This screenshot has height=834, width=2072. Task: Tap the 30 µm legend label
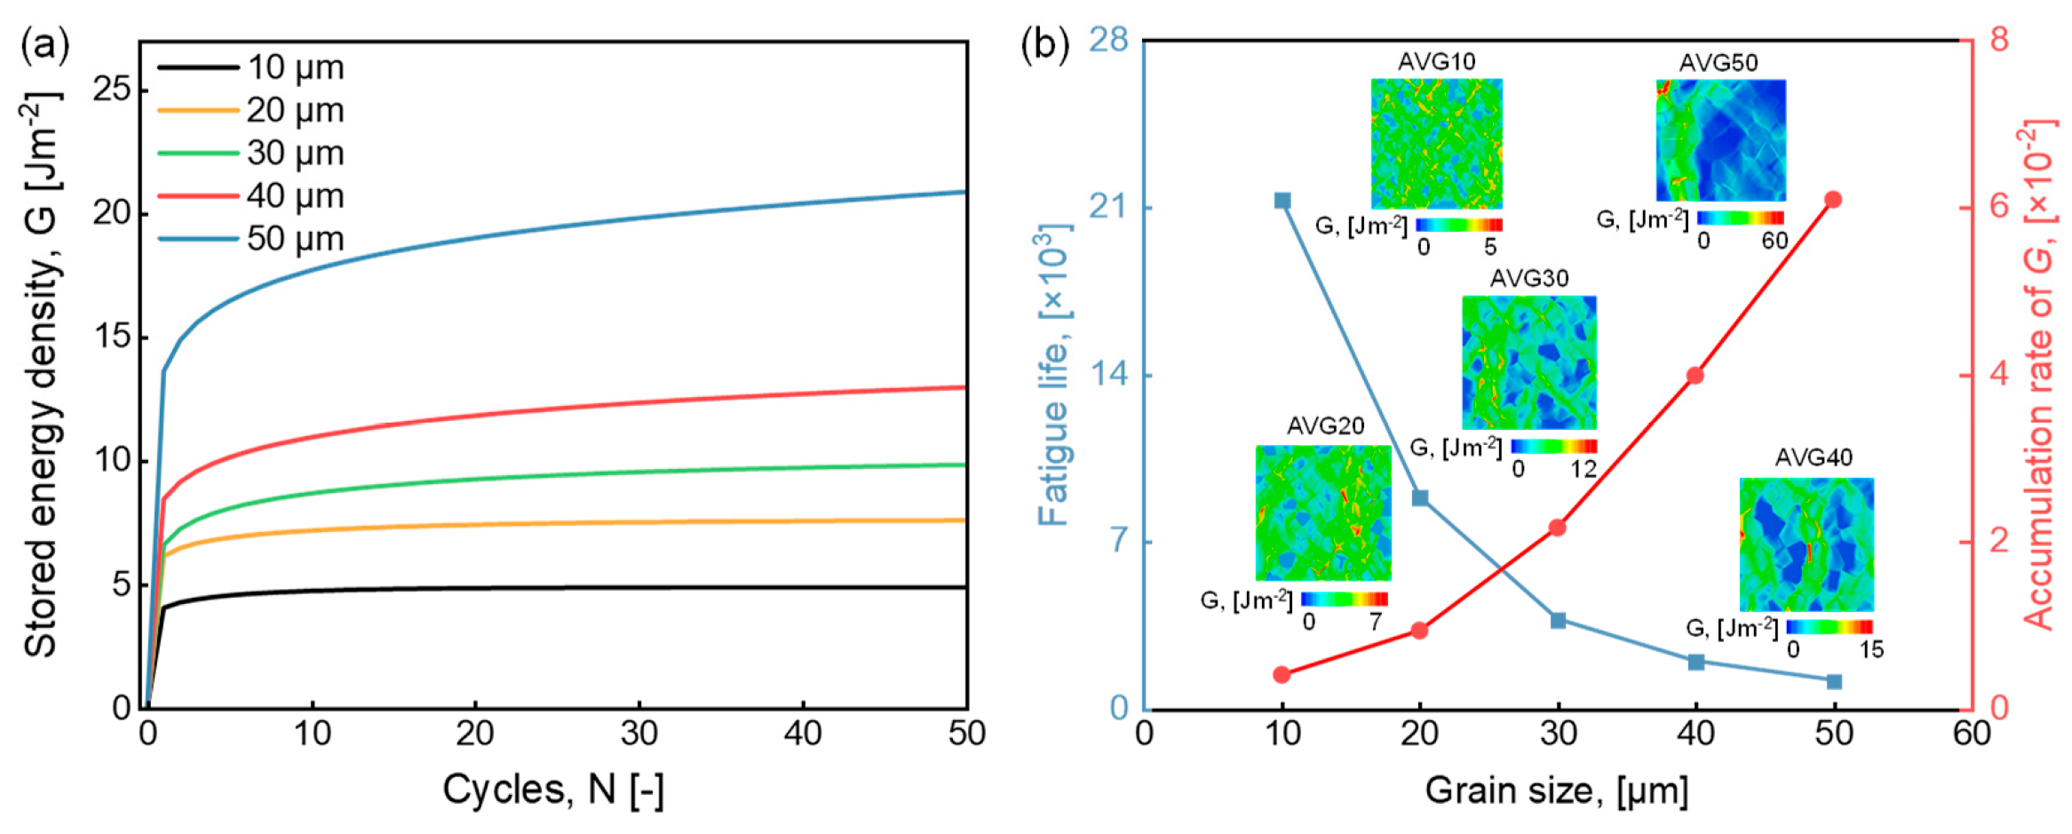pyautogui.click(x=294, y=153)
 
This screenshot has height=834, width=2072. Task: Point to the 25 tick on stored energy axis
pyautogui.click(x=111, y=89)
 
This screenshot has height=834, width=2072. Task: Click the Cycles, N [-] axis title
pyautogui.click(x=552, y=789)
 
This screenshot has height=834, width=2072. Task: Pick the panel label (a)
pyautogui.click(x=44, y=44)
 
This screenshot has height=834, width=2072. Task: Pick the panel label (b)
pyautogui.click(x=1044, y=44)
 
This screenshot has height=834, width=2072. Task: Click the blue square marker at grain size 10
pyautogui.click(x=1282, y=201)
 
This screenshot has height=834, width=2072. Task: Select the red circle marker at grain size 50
pyautogui.click(x=1833, y=200)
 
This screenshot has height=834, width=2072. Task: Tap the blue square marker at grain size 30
pyautogui.click(x=1558, y=620)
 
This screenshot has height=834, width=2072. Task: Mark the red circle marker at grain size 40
pyautogui.click(x=1695, y=376)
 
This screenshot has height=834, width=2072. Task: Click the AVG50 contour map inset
pyautogui.click(x=1720, y=140)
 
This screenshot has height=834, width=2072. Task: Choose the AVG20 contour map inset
pyautogui.click(x=1322, y=512)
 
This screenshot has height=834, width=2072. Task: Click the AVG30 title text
pyautogui.click(x=1528, y=279)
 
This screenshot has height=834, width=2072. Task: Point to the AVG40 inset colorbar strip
pyautogui.click(x=1830, y=627)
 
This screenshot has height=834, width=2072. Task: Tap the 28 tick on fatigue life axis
pyautogui.click(x=1107, y=40)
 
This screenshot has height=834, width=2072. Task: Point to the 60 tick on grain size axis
pyautogui.click(x=1971, y=734)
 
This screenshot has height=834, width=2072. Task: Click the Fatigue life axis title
pyautogui.click(x=1054, y=375)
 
